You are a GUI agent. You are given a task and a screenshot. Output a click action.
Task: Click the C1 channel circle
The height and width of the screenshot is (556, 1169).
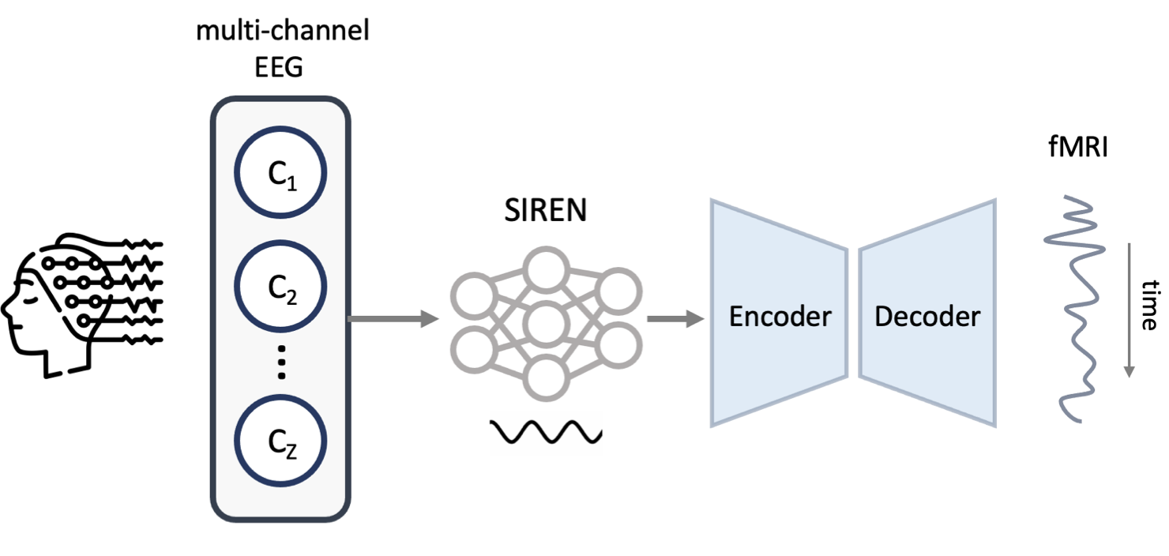pyautogui.click(x=280, y=175)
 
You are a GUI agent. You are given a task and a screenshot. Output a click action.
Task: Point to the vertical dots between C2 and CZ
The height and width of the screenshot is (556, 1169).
pyautogui.click(x=281, y=367)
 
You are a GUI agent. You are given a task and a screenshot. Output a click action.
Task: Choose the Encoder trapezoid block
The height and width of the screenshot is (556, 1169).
pyautogui.click(x=779, y=315)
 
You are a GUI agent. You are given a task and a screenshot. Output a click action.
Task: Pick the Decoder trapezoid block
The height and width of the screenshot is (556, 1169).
pyautogui.click(x=927, y=315)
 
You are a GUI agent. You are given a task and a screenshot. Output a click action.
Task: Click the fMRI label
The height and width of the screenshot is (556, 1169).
pyautogui.click(x=1077, y=149)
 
